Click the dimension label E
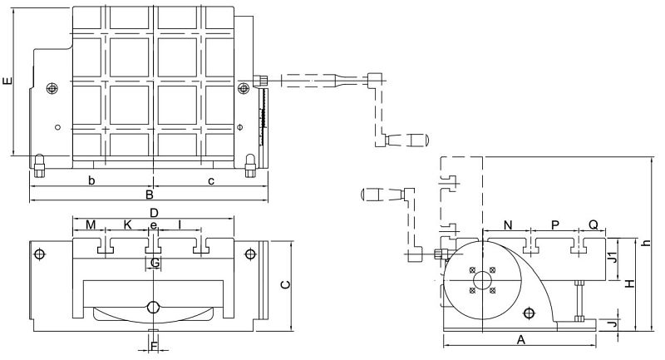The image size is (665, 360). click(x=7, y=81)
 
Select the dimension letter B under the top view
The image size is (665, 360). click(x=150, y=195)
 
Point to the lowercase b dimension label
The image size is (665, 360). click(x=91, y=180)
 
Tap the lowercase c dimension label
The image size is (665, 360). click(x=211, y=181)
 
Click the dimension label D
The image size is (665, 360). click(x=154, y=213)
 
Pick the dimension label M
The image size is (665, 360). click(x=91, y=224)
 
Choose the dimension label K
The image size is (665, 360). click(x=128, y=224)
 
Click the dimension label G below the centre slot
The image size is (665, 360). click(x=155, y=264)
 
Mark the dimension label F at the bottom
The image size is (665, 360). click(x=155, y=347)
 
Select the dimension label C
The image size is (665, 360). click(x=286, y=284)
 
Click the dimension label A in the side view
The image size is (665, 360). click(x=521, y=340)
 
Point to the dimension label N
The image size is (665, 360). click(x=508, y=225)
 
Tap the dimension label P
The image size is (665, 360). click(x=555, y=225)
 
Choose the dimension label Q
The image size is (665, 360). click(x=594, y=224)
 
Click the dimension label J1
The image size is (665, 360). click(x=612, y=257)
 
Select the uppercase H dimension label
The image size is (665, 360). click(x=631, y=284)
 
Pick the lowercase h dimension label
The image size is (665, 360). click(x=646, y=243)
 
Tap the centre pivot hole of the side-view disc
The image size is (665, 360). click(x=482, y=281)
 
